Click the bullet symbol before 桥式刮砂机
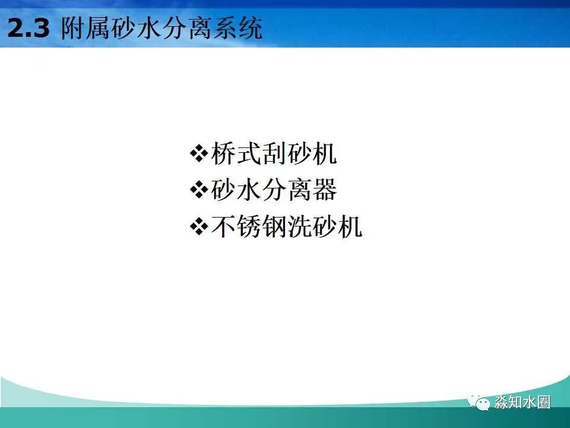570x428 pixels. click(197, 154)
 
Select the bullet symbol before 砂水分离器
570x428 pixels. click(197, 190)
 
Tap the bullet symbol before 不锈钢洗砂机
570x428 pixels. click(197, 227)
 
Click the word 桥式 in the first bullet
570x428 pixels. click(236, 154)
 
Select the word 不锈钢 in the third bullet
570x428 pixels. click(249, 227)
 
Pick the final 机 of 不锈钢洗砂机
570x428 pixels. click(350, 227)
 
